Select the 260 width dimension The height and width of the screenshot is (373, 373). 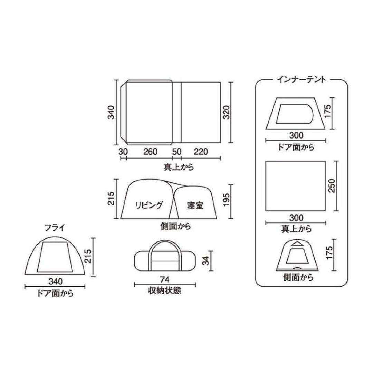(150, 152)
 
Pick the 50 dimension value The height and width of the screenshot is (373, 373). (176, 152)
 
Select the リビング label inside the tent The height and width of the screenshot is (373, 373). (148, 205)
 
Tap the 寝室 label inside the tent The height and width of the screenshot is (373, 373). (196, 206)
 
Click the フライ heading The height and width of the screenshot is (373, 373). (55, 228)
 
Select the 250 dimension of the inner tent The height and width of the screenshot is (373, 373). (332, 186)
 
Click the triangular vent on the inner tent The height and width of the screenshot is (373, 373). (296, 244)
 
